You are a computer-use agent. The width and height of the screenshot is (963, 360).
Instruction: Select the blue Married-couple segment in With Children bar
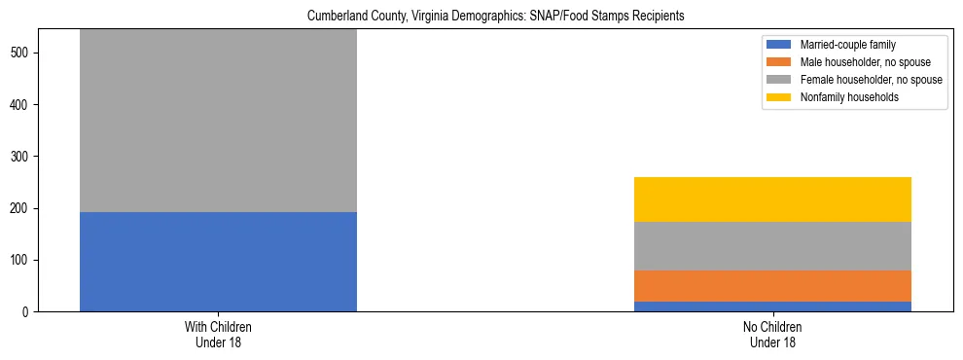click(x=218, y=261)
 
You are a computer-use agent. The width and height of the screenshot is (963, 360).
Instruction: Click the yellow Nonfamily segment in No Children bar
click(x=772, y=199)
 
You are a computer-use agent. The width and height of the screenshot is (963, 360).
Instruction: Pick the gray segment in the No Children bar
click(x=772, y=246)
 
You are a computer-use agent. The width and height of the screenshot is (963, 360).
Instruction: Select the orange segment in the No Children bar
click(x=772, y=286)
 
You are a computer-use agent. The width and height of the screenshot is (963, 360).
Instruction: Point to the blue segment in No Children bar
click(x=772, y=306)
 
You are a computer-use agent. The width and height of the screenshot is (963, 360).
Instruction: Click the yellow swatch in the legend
click(x=779, y=97)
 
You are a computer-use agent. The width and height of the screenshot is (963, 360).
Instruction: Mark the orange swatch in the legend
click(x=779, y=62)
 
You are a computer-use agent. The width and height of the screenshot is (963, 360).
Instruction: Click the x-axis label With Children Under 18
click(x=218, y=335)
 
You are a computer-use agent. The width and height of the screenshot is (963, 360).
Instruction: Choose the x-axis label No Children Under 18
click(x=772, y=335)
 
